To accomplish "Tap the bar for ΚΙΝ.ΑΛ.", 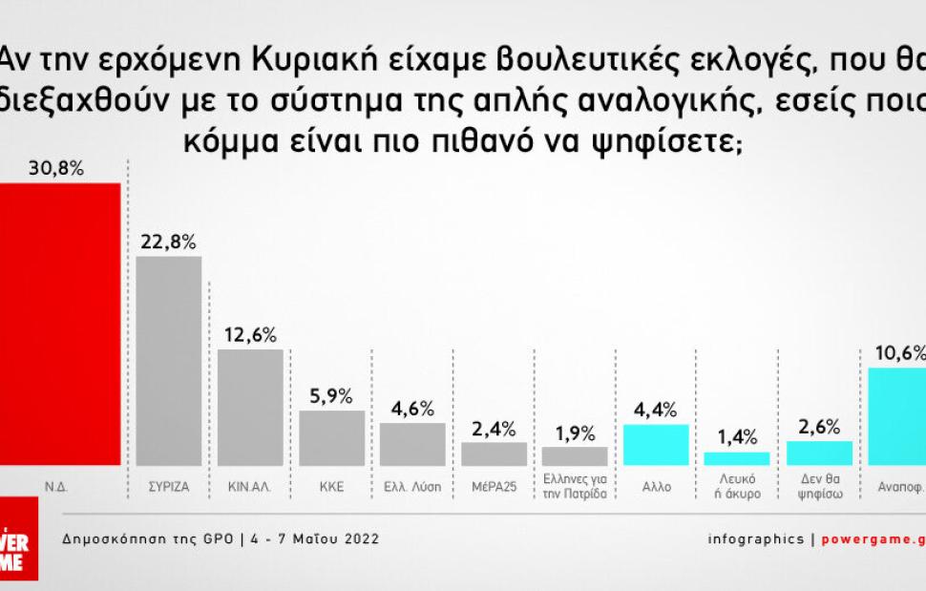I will click(x=250, y=407).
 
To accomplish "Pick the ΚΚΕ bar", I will click(x=331, y=437).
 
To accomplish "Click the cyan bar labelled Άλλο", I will click(x=656, y=444).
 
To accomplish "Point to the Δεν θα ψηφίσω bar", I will click(x=819, y=453).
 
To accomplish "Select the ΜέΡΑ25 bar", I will click(x=494, y=454).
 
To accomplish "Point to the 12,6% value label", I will click(x=250, y=335).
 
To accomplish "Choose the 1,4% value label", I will click(x=737, y=438).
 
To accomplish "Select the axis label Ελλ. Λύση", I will click(x=412, y=486).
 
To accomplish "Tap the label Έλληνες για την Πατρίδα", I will click(x=575, y=492).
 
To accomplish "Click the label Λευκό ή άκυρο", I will click(x=737, y=492).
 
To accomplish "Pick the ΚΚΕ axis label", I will click(x=331, y=486).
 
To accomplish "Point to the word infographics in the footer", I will click(x=756, y=538).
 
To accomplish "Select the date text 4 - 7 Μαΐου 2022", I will click(x=316, y=538).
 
